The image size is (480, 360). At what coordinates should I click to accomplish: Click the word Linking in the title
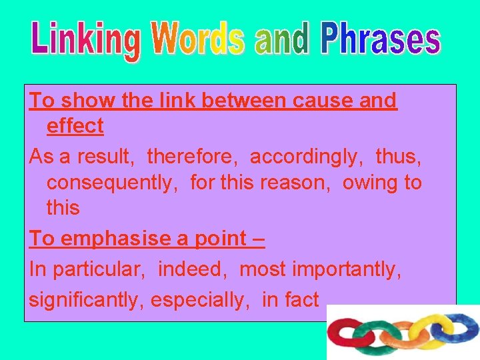coord(85,39)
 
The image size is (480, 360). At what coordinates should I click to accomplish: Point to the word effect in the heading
coord(75,125)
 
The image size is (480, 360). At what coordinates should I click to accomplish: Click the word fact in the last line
coord(302,300)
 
